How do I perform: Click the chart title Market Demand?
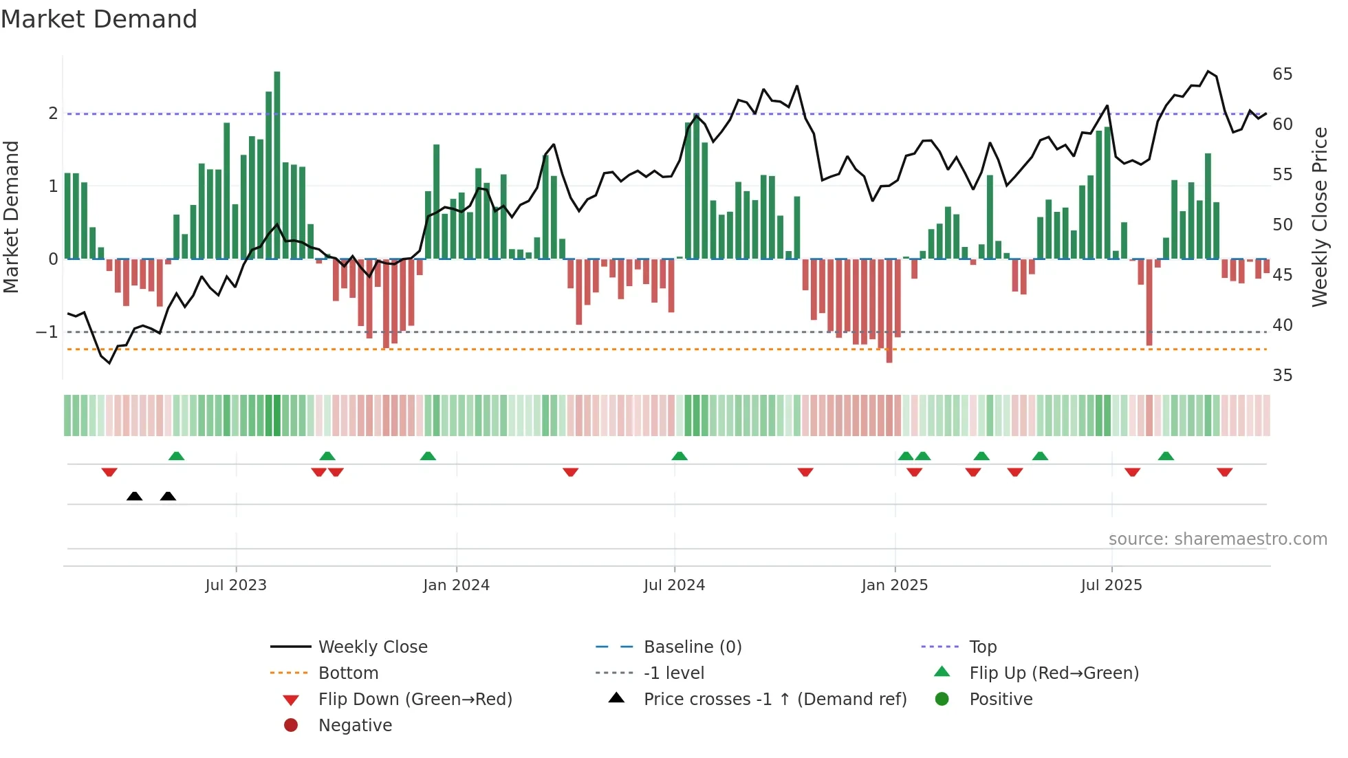click(99, 19)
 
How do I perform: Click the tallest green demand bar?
click(277, 165)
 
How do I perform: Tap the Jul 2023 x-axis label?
click(236, 585)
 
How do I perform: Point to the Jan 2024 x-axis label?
click(456, 585)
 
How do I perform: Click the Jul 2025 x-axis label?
click(1111, 585)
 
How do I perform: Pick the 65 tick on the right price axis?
click(1282, 74)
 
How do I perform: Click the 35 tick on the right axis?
click(1282, 376)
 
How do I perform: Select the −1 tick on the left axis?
click(47, 332)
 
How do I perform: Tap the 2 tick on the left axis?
click(53, 113)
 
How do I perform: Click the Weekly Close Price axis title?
click(1319, 217)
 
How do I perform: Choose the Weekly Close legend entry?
click(373, 647)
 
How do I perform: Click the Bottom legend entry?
click(348, 673)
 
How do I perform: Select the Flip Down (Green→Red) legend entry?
click(415, 700)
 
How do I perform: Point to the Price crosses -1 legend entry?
click(774, 700)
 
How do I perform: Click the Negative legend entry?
click(355, 726)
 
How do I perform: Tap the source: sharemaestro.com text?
click(1217, 539)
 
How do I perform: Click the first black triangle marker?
click(135, 496)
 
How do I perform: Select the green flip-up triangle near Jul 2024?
click(680, 456)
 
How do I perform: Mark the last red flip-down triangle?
click(1224, 472)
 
